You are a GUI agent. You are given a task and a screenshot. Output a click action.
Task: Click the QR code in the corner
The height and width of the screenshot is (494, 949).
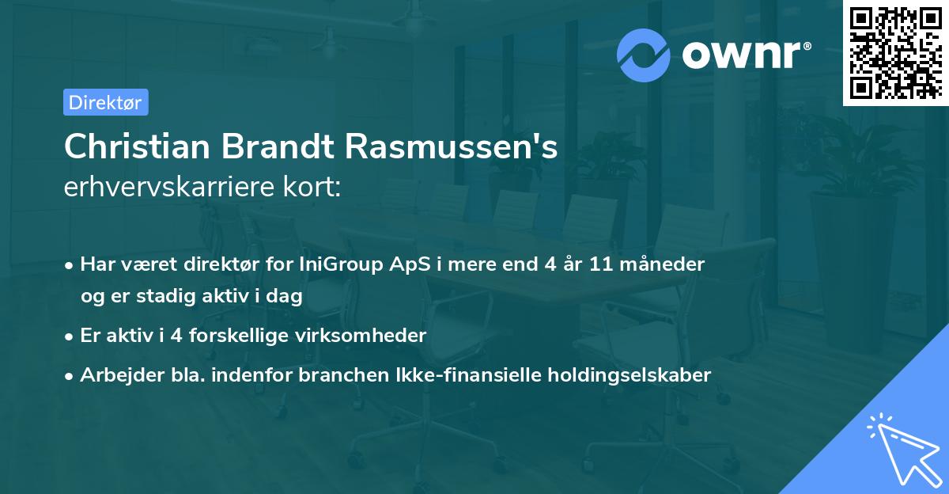894,53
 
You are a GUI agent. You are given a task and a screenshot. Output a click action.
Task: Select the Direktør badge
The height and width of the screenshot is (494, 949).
106,102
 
